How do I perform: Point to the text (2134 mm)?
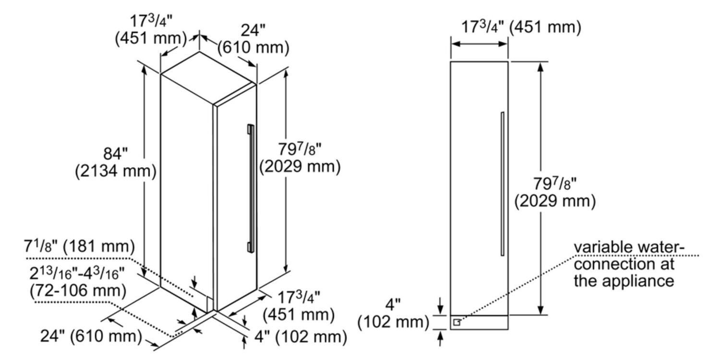tap(116, 172)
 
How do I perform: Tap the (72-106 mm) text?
tap(77, 290)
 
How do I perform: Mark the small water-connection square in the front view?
tap(456, 323)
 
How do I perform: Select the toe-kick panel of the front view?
tap(479, 323)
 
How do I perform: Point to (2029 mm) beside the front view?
tap(555, 201)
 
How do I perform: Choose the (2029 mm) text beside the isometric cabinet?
tap(300, 166)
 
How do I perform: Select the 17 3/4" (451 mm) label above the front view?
tap(521, 27)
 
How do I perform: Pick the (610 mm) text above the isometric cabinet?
tap(253, 48)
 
